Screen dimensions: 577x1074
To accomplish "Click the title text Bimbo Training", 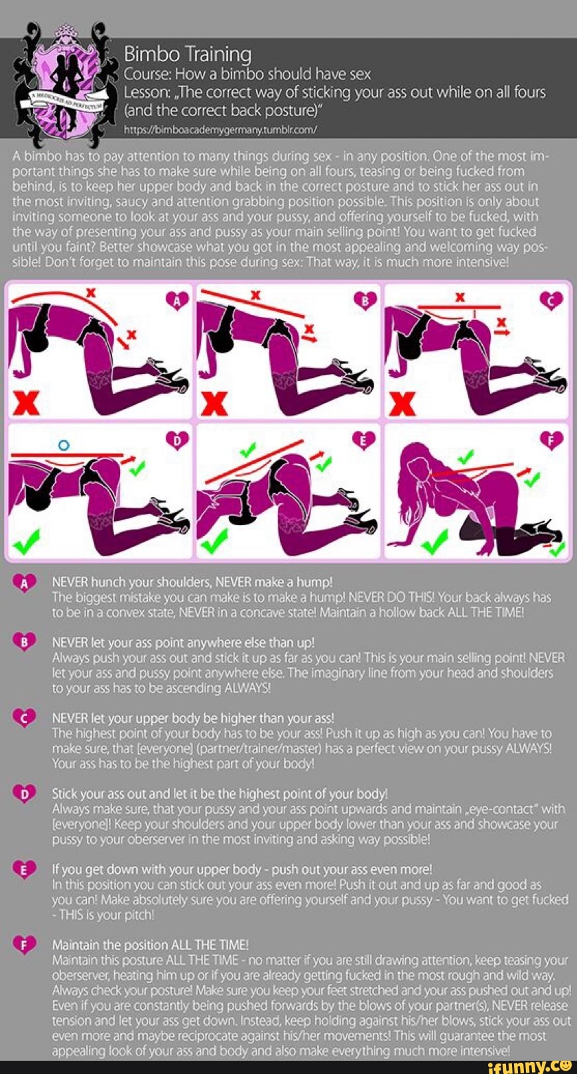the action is tap(188, 54).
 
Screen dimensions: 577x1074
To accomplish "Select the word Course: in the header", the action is tap(147, 74).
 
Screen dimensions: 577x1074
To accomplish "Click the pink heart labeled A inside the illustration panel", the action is tap(178, 301).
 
